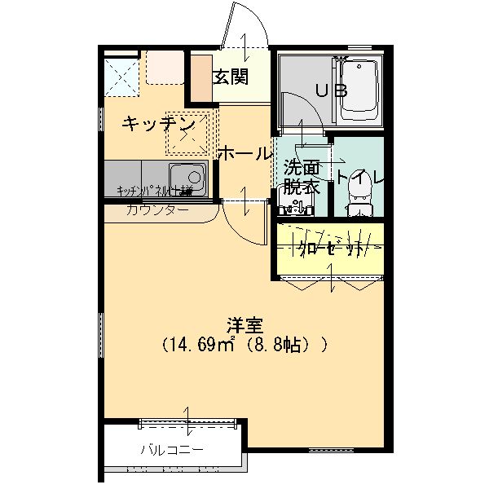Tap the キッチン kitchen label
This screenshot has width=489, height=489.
[x=158, y=124]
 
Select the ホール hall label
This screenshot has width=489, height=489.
[x=244, y=153]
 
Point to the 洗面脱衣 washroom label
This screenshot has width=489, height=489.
[x=301, y=176]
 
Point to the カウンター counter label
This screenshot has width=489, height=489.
[x=157, y=210]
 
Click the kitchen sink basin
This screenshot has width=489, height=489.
[x=188, y=177]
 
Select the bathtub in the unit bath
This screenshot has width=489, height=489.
[x=359, y=90]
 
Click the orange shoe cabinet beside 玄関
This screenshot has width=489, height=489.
[x=200, y=77]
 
